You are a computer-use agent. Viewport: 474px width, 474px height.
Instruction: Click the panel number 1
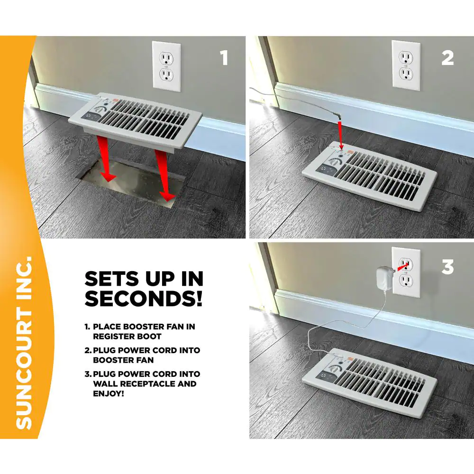pyautogui.click(x=224, y=57)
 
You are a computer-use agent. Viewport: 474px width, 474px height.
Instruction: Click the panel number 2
pyautogui.click(x=447, y=58)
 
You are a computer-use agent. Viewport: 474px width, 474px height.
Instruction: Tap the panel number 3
pyautogui.click(x=448, y=267)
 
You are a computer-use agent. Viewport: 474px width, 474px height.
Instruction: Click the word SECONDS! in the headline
pyautogui.click(x=144, y=298)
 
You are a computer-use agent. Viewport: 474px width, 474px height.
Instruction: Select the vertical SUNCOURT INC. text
pyautogui.click(x=24, y=343)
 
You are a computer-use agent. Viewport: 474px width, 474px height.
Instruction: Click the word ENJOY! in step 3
pyautogui.click(x=109, y=393)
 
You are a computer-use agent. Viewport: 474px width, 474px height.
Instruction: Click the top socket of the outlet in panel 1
pyautogui.click(x=165, y=58)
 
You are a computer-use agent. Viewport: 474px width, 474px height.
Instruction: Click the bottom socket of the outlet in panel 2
pyautogui.click(x=405, y=73)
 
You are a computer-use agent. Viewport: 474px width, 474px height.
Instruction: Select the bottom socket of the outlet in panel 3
pyautogui.click(x=405, y=281)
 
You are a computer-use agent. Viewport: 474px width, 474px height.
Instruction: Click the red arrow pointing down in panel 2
pyautogui.click(x=340, y=135)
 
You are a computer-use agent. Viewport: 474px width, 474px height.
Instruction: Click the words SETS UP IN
pyautogui.click(x=144, y=278)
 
